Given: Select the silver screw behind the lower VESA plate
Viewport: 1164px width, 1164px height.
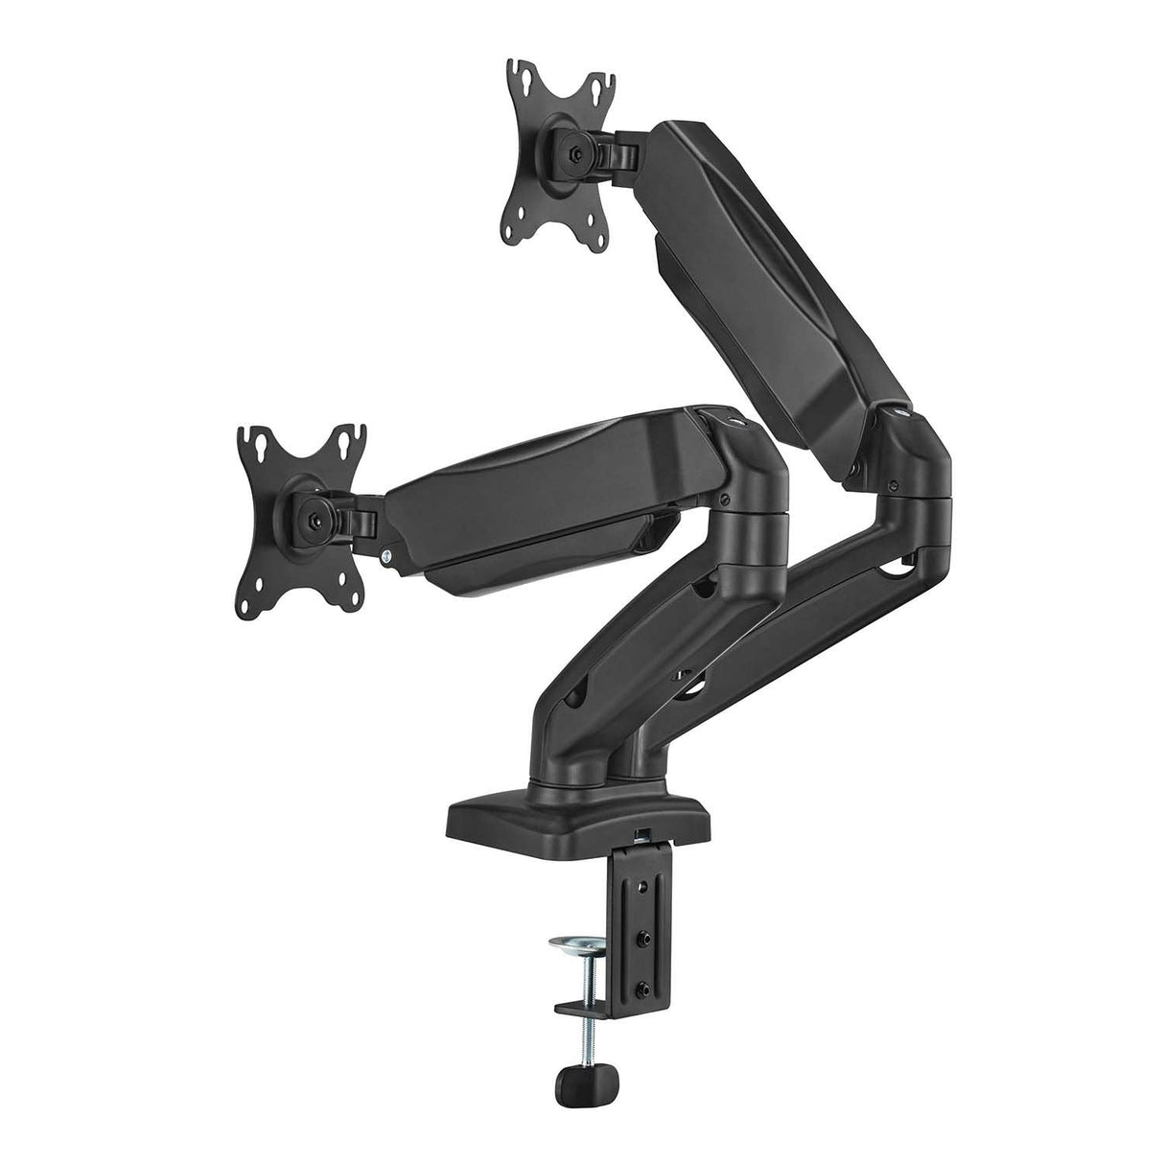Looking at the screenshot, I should point(384,555).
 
